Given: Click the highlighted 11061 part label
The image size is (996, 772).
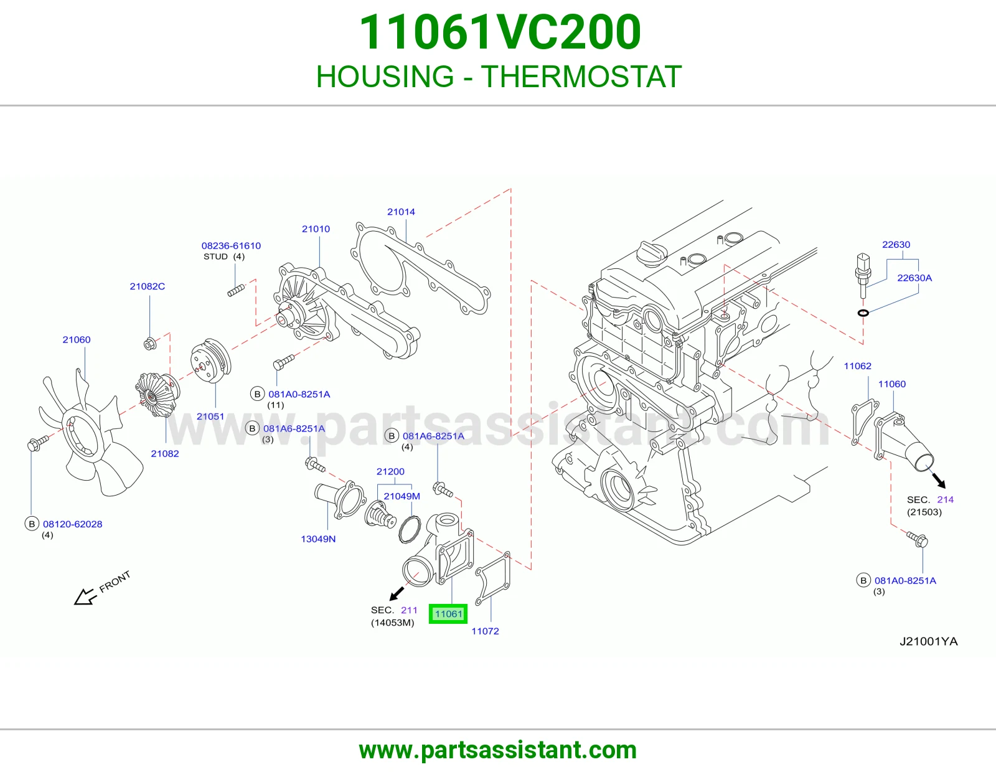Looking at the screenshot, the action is click(448, 614).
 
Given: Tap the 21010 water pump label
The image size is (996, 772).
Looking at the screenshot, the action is click(316, 228).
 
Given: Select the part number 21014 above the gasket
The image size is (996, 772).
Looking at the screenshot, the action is click(401, 212).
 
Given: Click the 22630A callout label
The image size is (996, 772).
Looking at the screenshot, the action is click(914, 278).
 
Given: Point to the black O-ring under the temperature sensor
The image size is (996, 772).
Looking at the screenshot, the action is click(863, 313).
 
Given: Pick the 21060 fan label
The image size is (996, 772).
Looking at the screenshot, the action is click(77, 340).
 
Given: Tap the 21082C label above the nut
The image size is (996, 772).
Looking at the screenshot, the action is click(147, 286).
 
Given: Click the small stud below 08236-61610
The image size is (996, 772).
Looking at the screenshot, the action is click(236, 290).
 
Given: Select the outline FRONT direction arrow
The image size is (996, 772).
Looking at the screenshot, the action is click(85, 596).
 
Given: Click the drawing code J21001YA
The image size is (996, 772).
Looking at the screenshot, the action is click(929, 641).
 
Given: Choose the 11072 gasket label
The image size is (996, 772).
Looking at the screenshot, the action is click(486, 631).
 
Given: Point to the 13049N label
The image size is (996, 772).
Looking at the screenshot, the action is click(318, 539).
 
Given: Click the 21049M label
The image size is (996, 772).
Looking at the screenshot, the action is click(402, 496).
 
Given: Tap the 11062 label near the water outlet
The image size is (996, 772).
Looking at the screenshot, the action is click(858, 366).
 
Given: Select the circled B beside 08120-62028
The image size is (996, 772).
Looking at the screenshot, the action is click(32, 524).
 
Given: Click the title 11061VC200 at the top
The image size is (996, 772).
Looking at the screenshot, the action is click(500, 32).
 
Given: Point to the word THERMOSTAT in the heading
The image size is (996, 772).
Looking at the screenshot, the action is click(581, 77).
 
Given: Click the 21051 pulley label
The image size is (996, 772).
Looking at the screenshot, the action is click(210, 417).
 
